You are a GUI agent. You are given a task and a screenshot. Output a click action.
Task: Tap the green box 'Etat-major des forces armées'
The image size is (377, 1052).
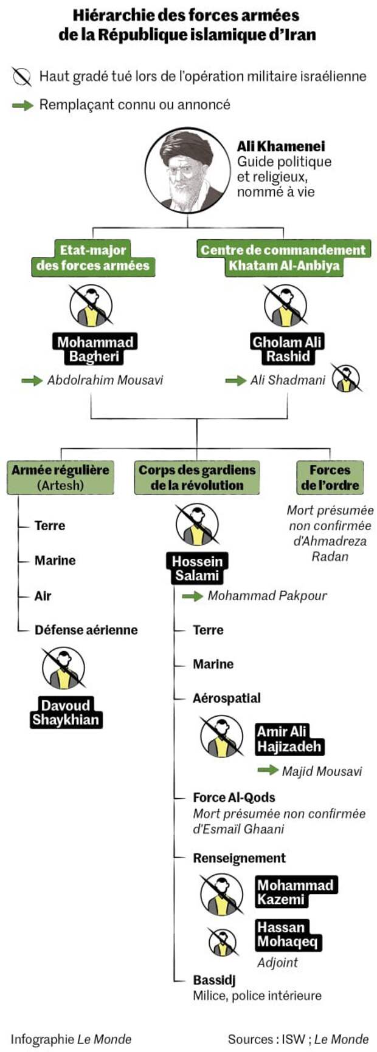pyautogui.click(x=93, y=258)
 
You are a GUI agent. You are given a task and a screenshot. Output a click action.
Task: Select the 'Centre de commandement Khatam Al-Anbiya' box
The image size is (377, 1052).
pyautogui.click(x=283, y=258)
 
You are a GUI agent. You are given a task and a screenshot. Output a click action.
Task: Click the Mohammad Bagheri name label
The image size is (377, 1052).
pyautogui.click(x=95, y=349)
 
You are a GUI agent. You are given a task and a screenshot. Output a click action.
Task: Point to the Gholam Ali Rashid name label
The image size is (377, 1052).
pyautogui.click(x=287, y=349)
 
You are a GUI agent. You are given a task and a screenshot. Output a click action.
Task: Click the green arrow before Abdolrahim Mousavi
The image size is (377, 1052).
pyautogui.click(x=32, y=381)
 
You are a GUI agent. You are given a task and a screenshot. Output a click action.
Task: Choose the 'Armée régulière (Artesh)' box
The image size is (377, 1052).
pyautogui.click(x=60, y=477)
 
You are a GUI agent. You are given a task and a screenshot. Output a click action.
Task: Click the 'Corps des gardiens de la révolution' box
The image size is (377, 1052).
pyautogui.click(x=197, y=477)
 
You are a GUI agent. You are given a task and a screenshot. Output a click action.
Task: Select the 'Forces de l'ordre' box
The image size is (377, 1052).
pyautogui.click(x=330, y=477)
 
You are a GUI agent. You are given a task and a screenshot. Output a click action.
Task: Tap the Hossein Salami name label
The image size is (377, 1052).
pyautogui.click(x=196, y=568)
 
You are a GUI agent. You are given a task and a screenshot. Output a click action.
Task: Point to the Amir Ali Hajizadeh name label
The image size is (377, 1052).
pyautogui.click(x=289, y=739)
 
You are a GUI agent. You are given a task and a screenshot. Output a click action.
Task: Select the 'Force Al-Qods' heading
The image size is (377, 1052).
pyautogui.click(x=234, y=798)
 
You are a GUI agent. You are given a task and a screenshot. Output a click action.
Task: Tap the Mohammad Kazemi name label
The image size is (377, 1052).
pyautogui.click(x=296, y=892)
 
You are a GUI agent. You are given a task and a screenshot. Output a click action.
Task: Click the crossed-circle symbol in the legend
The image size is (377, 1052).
pyautogui.click(x=21, y=77)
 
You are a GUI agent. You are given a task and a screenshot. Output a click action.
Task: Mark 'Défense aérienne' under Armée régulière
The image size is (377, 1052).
pyautogui.click(x=86, y=630)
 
